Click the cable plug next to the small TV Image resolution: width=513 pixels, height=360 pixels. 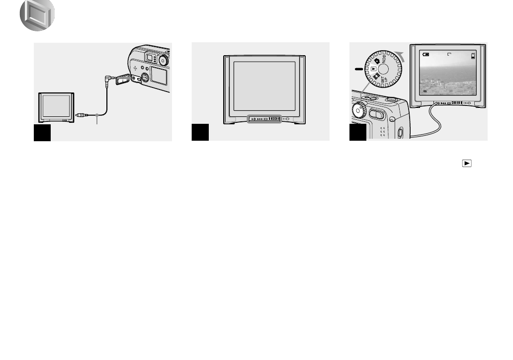click(x=81, y=116)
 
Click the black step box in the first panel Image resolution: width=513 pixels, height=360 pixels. click(x=42, y=133)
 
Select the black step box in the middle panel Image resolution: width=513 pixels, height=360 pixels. click(x=200, y=133)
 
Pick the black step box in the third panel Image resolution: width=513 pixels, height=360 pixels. click(x=358, y=133)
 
